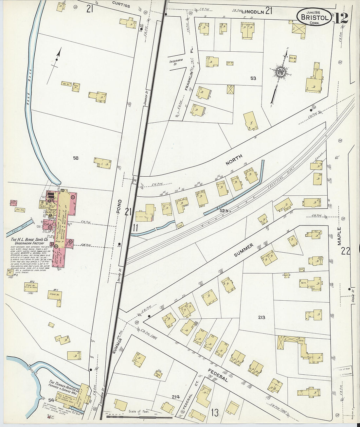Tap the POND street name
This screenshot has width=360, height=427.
coord(119,206)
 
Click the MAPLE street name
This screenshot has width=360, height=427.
coord(339,236)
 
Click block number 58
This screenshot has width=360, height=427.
coord(76,158)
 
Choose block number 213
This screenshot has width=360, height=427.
coord(261,317)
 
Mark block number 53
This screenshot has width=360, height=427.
coord(253,78)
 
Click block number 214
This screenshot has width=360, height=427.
coord(176,397)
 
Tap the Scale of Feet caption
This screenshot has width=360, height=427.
coord(139,411)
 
